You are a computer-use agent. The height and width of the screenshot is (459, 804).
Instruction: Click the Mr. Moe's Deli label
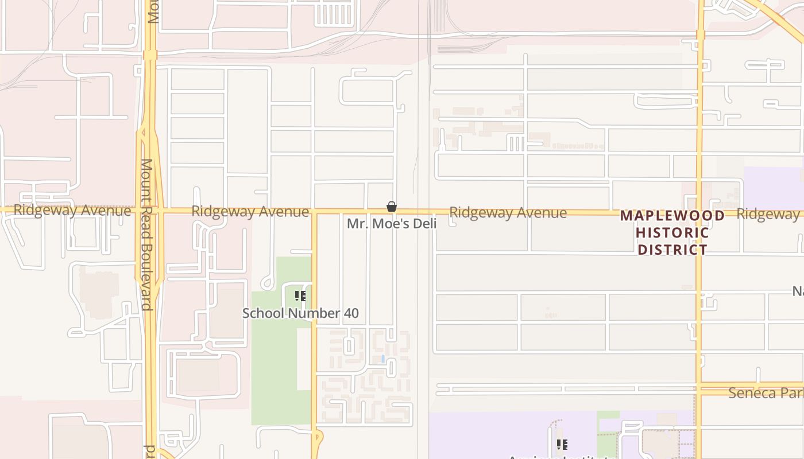pyautogui.click(x=392, y=224)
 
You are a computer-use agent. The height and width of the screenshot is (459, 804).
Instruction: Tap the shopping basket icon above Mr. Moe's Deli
pyautogui.click(x=392, y=207)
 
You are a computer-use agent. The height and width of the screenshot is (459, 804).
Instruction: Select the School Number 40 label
pyautogui.click(x=300, y=313)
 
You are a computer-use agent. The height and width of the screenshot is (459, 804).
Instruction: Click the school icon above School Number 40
pyautogui.click(x=300, y=296)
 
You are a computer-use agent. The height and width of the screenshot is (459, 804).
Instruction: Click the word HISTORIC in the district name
pyautogui.click(x=672, y=233)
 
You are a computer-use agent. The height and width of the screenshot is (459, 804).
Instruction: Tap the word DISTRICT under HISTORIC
pyautogui.click(x=672, y=250)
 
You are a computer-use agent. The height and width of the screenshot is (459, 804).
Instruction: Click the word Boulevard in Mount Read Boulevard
pyautogui.click(x=147, y=277)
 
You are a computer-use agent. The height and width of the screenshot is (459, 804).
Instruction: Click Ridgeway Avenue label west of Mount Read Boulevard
pyautogui.click(x=72, y=210)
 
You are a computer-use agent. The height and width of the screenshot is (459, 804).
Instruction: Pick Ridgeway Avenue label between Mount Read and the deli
pyautogui.click(x=250, y=211)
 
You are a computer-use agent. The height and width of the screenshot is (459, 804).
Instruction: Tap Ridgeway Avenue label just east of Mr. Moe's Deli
pyautogui.click(x=508, y=213)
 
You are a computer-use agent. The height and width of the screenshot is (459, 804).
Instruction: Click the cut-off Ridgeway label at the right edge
pyautogui.click(x=770, y=214)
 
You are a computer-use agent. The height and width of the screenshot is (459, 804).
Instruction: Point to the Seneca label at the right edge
pyautogui.click(x=766, y=393)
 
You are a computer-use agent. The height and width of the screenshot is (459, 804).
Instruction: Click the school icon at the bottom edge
pyautogui.click(x=562, y=444)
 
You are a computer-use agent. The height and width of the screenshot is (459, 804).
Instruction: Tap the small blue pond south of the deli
pyautogui.click(x=383, y=359)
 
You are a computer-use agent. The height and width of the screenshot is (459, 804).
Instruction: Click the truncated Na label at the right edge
pyautogui.click(x=798, y=291)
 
